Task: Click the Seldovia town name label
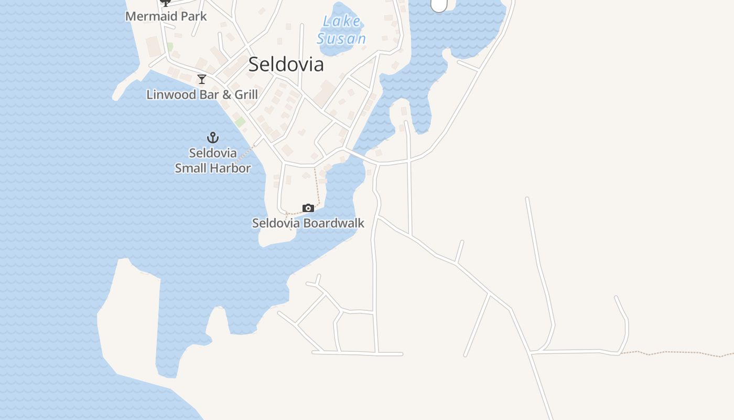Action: pyautogui.click(x=286, y=64)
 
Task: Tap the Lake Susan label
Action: pyautogui.click(x=341, y=30)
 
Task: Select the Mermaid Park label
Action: pyautogui.click(x=166, y=16)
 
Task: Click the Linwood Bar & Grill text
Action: pyautogui.click(x=202, y=94)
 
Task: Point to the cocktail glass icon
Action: pyautogui.click(x=202, y=79)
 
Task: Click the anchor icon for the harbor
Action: pyautogui.click(x=212, y=138)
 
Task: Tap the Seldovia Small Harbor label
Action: pyautogui.click(x=212, y=161)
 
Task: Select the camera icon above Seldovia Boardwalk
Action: pyautogui.click(x=308, y=208)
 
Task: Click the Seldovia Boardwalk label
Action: pyautogui.click(x=308, y=223)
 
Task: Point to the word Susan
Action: pyautogui.click(x=341, y=38)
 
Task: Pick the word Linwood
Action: pyautogui.click(x=167, y=94)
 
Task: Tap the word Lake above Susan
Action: pyautogui.click(x=342, y=22)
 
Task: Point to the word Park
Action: pyautogui.click(x=194, y=16)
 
